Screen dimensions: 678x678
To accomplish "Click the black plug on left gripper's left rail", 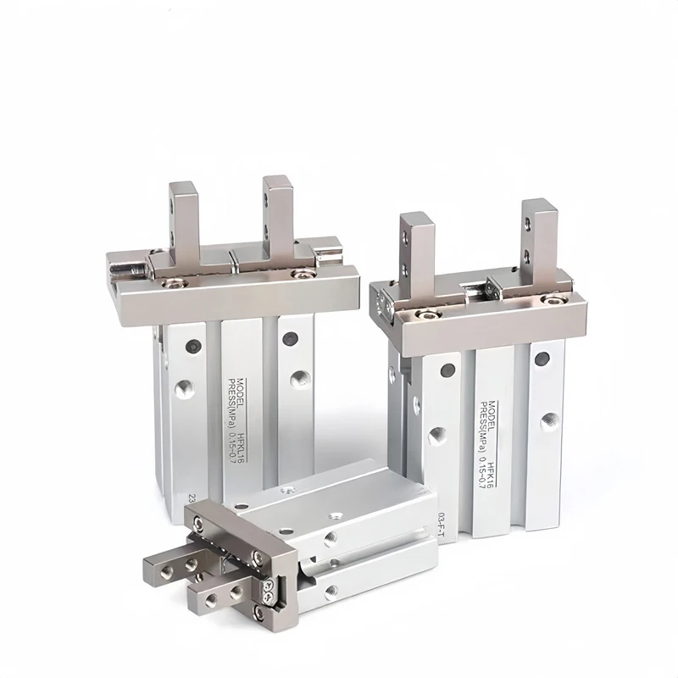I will (x=192, y=346).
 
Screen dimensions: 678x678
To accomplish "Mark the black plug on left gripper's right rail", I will (x=291, y=338).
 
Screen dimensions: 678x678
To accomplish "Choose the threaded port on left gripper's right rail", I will (x=297, y=379).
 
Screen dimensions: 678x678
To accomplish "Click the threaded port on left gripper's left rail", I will (x=183, y=389).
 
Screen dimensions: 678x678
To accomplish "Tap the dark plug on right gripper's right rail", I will (x=542, y=358).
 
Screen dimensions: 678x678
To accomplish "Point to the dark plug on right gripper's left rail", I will (x=446, y=370).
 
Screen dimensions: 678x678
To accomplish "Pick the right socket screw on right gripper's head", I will (x=555, y=298).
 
